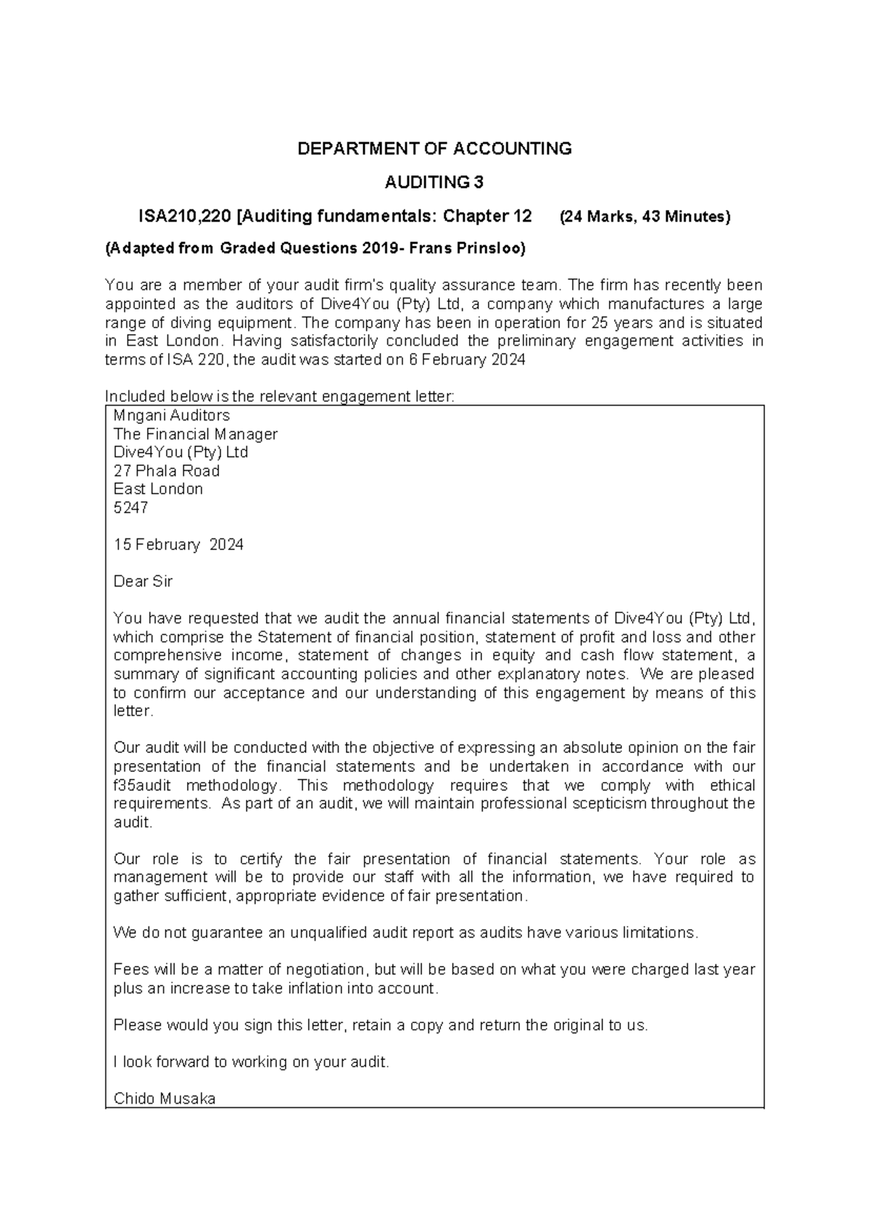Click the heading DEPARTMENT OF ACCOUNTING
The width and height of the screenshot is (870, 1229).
tap(435, 149)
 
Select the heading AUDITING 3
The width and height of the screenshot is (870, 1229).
tap(434, 183)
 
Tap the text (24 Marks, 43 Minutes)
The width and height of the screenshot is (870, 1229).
tap(645, 217)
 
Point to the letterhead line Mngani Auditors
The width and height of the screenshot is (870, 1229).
tap(172, 416)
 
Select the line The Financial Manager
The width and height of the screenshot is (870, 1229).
tap(196, 435)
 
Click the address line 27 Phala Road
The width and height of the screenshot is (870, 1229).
tap(167, 471)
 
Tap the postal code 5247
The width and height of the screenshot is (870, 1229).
tap(130, 508)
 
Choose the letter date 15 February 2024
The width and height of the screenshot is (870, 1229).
tap(178, 545)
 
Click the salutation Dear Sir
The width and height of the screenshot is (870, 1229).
tap(143, 582)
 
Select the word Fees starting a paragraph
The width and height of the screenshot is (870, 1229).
tap(130, 970)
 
